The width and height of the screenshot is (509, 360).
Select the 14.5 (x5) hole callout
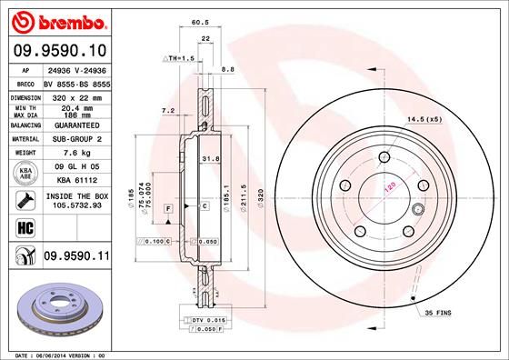point(424,118)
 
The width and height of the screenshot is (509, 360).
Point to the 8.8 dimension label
point(228,69)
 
